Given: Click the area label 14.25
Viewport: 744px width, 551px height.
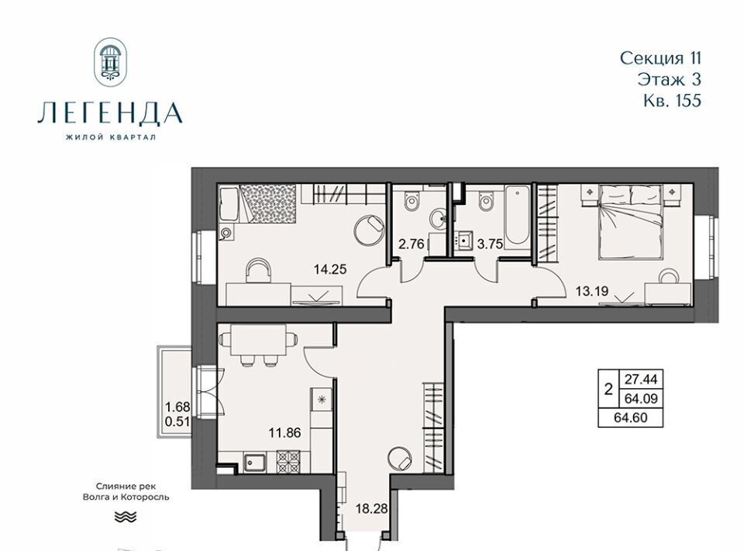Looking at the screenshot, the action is pos(330,269).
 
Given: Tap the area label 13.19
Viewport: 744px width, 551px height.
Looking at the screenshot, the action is pos(591,291).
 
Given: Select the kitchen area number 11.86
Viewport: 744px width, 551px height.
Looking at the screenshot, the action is pos(284,433).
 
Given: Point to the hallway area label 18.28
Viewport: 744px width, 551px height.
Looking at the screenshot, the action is pos(371,509).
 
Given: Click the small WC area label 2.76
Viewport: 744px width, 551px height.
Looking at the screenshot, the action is pos(412,244).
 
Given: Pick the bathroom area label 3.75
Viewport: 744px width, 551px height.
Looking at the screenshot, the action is pos(490,244).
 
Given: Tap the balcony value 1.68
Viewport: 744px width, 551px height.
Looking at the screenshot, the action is pos(177,407).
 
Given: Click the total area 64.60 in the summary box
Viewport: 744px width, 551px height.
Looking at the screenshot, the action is pos(631,418).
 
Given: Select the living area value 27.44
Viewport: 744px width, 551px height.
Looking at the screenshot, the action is pos(641,379).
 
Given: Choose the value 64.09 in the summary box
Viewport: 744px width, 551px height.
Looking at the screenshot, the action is pos(641,399).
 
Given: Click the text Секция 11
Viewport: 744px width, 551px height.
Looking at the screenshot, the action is pos(660,58).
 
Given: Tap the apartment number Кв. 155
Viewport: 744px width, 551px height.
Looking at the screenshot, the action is pos(673,101).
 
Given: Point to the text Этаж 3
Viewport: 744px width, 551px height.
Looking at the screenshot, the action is pos(669,79).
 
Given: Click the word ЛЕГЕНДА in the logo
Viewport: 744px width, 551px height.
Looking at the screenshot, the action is pos(110,113).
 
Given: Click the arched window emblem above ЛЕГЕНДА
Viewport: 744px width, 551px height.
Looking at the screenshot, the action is pos(111,62).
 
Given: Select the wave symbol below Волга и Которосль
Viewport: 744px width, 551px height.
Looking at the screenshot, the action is pos(126,517).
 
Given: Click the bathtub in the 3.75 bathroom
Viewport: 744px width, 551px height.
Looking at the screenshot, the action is pos(517,217).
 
